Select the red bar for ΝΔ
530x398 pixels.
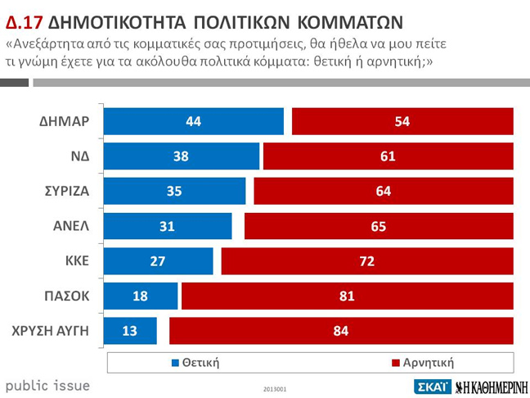pyautogui.click(x=388, y=156)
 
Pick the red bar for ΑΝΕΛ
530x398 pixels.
pyautogui.click(x=378, y=227)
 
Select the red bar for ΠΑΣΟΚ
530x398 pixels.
pyautogui.click(x=348, y=296)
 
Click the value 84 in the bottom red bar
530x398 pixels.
pyautogui.click(x=341, y=331)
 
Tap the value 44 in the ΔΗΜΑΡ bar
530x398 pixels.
pyautogui.click(x=194, y=121)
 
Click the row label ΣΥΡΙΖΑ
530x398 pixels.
pyautogui.click(x=66, y=192)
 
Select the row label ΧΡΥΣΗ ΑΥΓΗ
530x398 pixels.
pyautogui.click(x=51, y=331)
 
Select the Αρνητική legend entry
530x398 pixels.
pyautogui.click(x=422, y=361)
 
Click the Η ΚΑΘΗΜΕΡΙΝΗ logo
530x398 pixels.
pyautogui.click(x=491, y=387)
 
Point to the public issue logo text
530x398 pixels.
pyautogui.click(x=47, y=385)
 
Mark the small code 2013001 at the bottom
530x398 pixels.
pyautogui.click(x=276, y=389)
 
